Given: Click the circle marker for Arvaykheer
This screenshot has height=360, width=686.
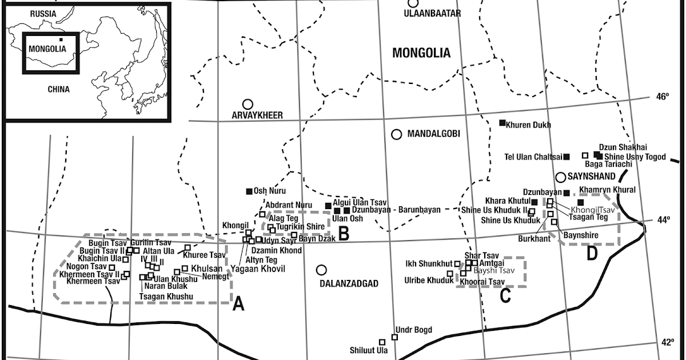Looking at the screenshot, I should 248,104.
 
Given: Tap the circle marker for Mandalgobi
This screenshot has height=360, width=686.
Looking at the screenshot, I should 396,134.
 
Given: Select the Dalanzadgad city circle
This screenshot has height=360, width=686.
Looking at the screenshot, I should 322,270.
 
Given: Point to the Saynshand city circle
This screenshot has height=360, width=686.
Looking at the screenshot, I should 561,177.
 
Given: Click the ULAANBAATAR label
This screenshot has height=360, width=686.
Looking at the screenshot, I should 432,13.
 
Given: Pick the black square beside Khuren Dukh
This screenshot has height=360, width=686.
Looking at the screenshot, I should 502,123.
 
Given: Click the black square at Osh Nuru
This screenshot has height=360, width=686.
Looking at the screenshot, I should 249,191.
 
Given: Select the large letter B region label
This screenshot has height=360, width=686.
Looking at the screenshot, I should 344,233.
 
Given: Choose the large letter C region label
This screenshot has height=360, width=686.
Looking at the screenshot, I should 505,295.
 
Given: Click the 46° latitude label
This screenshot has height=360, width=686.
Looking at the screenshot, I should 662,97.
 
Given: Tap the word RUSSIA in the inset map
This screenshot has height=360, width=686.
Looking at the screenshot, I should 43,13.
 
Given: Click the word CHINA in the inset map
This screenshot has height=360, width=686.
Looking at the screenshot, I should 58,89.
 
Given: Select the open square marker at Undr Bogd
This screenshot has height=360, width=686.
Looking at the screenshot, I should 394,337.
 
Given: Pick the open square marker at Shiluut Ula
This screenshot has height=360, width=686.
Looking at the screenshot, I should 382,342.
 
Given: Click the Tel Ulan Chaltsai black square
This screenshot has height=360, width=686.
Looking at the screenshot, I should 567,157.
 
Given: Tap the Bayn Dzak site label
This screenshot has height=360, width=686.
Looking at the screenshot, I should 317,239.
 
